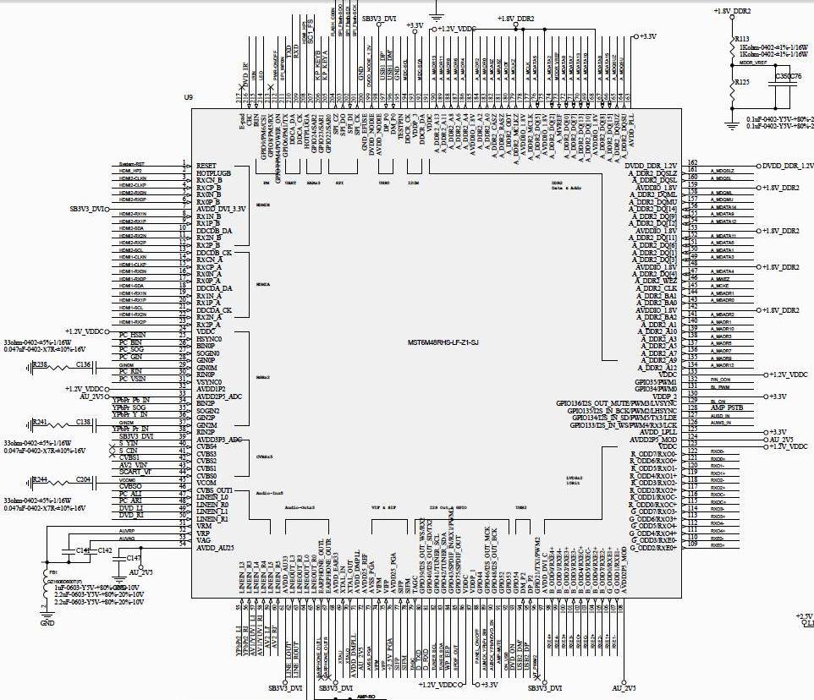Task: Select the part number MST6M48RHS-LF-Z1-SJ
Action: pyautogui.click(x=443, y=342)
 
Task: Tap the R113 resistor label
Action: pyautogui.click(x=741, y=39)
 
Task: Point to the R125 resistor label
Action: pyautogui.click(x=741, y=82)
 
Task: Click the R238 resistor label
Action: pyautogui.click(x=39, y=364)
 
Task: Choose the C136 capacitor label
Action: pyautogui.click(x=83, y=364)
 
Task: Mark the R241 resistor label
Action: pyautogui.click(x=39, y=421)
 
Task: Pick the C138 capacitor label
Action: pyautogui.click(x=83, y=421)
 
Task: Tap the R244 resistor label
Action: pyautogui.click(x=39, y=479)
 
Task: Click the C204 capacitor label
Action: pyautogui.click(x=83, y=479)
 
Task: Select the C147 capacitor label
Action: pyautogui.click(x=133, y=558)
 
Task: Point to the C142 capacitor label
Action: pyautogui.click(x=104, y=550)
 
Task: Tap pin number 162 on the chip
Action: pyautogui.click(x=692, y=161)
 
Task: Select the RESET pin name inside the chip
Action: pyautogui.click(x=207, y=166)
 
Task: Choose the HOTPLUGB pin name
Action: pyautogui.click(x=214, y=172)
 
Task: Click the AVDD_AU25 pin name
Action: pyautogui.click(x=217, y=549)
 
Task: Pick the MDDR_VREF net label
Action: pyautogui.click(x=752, y=62)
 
